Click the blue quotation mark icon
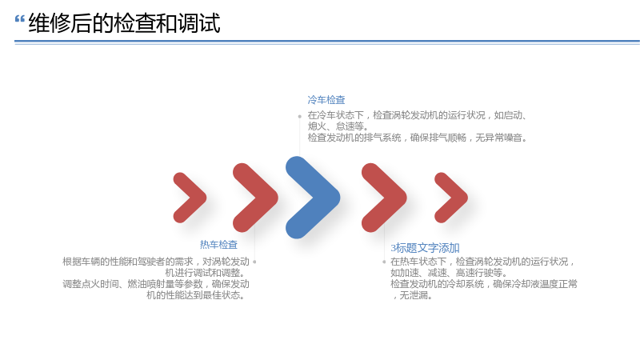coord(19,18)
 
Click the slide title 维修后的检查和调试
coord(125,23)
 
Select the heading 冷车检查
coord(326,100)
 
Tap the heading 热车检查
coord(218,245)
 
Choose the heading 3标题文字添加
coord(425,248)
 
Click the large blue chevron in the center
coord(313,198)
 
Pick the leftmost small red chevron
coord(190,198)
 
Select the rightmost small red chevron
coord(451,198)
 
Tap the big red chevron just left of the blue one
coord(255,198)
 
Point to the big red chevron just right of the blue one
coord(384,198)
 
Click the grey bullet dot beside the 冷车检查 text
coord(299,116)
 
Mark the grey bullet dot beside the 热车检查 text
coord(254,262)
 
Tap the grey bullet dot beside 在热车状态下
coord(384,262)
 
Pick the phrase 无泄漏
coord(413,295)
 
